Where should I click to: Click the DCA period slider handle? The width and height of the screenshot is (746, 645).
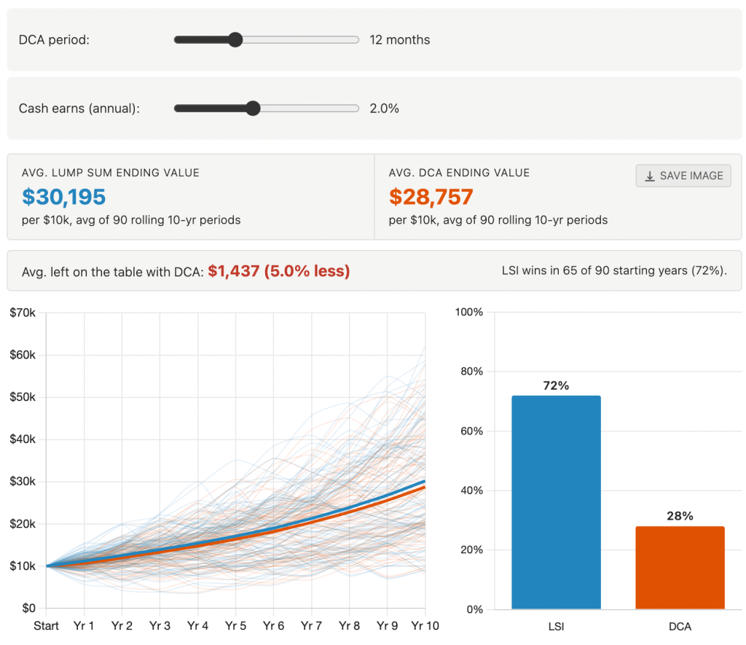coord(235,40)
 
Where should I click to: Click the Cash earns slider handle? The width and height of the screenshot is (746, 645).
coord(253,109)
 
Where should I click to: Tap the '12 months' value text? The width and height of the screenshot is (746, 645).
coord(399,40)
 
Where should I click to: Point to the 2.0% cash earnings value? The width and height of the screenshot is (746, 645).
coord(384,109)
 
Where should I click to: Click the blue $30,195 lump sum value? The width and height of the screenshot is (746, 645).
coord(64,197)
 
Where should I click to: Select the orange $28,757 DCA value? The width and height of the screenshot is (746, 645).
coord(431,197)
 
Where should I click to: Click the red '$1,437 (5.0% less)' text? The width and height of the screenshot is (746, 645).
coord(278,271)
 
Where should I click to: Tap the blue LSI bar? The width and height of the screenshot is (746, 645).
coord(556,503)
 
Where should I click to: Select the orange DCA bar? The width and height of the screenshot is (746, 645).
coord(680,568)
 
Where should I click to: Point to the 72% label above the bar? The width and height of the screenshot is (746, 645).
coord(556,386)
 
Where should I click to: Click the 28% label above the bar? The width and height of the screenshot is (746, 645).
coord(680,516)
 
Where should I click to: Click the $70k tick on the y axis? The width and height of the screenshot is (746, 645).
coord(23,313)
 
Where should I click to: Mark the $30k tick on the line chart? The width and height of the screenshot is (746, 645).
coord(23,482)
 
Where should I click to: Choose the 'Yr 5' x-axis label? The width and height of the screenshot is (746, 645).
coord(235,626)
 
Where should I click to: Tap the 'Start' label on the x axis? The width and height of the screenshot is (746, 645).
coord(47,626)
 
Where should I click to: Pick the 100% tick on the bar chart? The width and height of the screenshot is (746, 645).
coord(468,312)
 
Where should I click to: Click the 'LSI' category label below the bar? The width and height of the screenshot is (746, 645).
coord(556,626)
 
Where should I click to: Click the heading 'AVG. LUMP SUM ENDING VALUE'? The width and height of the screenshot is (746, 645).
coord(111,173)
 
